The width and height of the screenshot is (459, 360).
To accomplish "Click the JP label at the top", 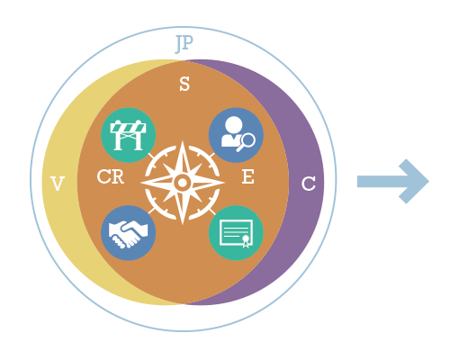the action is pyautogui.click(x=184, y=43).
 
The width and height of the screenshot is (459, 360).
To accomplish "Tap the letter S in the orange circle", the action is pyautogui.click(x=184, y=84).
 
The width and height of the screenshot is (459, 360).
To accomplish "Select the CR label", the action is pyautogui.click(x=111, y=176).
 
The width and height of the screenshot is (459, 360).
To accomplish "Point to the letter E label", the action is pyautogui.click(x=248, y=176).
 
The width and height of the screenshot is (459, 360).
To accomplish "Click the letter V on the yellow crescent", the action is pyautogui.click(x=58, y=184).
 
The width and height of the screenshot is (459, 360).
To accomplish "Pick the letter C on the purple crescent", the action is pyautogui.click(x=309, y=184).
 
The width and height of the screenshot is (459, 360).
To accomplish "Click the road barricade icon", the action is pyautogui.click(x=128, y=135).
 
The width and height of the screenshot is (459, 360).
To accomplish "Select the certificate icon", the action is pyautogui.click(x=236, y=234).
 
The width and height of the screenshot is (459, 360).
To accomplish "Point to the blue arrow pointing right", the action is pyautogui.click(x=393, y=181).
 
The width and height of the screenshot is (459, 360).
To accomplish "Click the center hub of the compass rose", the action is pyautogui.click(x=183, y=182).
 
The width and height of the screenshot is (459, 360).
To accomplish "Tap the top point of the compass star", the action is pyautogui.click(x=183, y=141).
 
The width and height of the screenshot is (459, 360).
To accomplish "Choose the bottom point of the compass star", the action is pyautogui.click(x=183, y=224).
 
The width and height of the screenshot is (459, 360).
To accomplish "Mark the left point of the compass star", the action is pyautogui.click(x=141, y=182).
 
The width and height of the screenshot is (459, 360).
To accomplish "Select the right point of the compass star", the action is pyautogui.click(x=224, y=182).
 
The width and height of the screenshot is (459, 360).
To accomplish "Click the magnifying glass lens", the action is pyautogui.click(x=248, y=139).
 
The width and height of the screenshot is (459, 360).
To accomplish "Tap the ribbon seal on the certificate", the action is pyautogui.click(x=246, y=241).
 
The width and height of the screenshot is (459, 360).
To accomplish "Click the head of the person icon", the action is pyautogui.click(x=234, y=124).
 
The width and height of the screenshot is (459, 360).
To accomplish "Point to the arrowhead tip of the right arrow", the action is pyautogui.click(x=429, y=181).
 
